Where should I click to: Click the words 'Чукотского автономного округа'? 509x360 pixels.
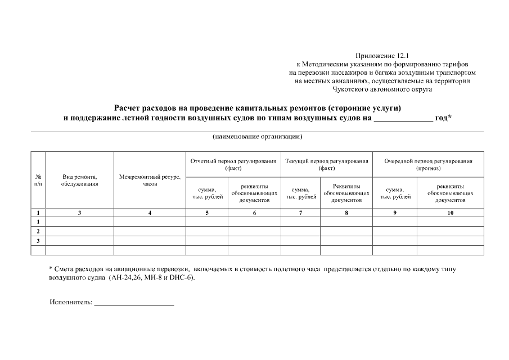[382, 89]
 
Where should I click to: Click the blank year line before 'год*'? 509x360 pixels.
[403, 119]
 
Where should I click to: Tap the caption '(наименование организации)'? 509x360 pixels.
[257, 137]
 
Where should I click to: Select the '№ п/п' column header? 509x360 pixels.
[38, 180]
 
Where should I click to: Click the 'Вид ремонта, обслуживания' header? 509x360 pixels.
[79, 180]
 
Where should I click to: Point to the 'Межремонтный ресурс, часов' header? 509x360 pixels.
[150, 180]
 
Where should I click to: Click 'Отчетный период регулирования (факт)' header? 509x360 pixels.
[233, 164]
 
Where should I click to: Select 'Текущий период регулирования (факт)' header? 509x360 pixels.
[326, 164]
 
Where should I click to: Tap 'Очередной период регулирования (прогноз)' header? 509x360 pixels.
[427, 164]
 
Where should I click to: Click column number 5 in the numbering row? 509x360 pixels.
[206, 213]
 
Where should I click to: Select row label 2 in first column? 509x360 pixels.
[38, 231]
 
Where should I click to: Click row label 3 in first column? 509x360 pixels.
[38, 241]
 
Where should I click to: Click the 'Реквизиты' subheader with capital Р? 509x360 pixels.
[346, 186]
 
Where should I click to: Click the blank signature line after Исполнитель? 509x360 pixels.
[134, 304]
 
